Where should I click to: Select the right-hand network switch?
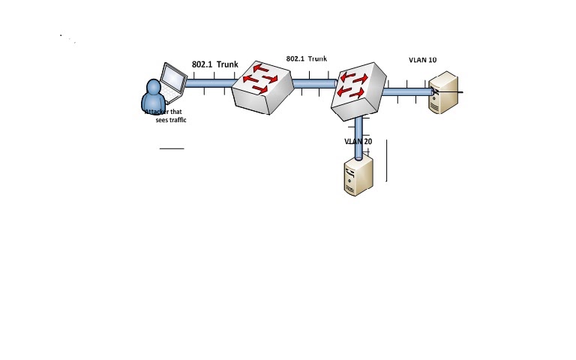(x=359, y=89)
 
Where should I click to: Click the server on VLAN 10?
(x=444, y=92)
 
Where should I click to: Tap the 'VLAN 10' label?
(x=422, y=59)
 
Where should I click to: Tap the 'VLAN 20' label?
(x=358, y=141)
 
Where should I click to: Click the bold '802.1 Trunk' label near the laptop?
(x=214, y=64)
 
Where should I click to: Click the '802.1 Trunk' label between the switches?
(x=306, y=58)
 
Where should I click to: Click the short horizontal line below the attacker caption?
(x=172, y=148)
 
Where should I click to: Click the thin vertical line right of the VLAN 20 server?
(x=387, y=160)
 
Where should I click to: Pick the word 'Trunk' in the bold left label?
(x=227, y=64)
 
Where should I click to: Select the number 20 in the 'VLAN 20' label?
(x=367, y=141)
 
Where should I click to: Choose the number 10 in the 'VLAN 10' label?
(x=432, y=59)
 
